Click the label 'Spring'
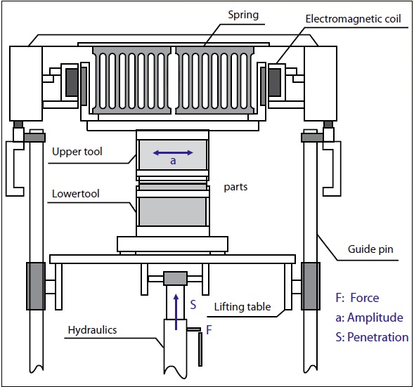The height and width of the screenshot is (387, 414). pyautogui.click(x=243, y=15)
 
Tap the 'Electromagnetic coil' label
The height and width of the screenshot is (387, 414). pyautogui.click(x=353, y=19)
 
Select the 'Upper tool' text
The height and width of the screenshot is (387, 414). pyautogui.click(x=77, y=152)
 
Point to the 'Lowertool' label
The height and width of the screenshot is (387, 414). pyautogui.click(x=75, y=194)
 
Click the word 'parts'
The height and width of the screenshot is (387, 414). pyautogui.click(x=235, y=187)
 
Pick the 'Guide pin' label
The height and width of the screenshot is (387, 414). pyautogui.click(x=370, y=249)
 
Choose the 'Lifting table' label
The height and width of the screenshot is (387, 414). pyautogui.click(x=242, y=307)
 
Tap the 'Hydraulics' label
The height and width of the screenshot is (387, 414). pyautogui.click(x=92, y=330)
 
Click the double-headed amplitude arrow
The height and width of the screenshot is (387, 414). pyautogui.click(x=173, y=152)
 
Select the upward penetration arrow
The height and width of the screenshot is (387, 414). pyautogui.click(x=176, y=312)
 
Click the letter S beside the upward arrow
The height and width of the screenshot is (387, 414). pyautogui.click(x=193, y=305)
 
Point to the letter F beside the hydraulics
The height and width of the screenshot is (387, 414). pyautogui.click(x=209, y=329)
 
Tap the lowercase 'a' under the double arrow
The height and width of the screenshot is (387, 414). pyautogui.click(x=173, y=161)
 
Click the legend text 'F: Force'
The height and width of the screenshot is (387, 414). pyautogui.click(x=357, y=298)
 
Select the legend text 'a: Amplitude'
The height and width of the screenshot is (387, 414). pyautogui.click(x=369, y=317)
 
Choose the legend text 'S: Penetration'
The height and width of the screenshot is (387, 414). pyautogui.click(x=372, y=337)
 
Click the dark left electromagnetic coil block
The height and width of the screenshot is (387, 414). pyautogui.click(x=72, y=82)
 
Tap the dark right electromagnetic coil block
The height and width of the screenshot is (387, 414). pyautogui.click(x=275, y=82)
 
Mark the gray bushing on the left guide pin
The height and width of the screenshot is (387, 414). pyautogui.click(x=36, y=286)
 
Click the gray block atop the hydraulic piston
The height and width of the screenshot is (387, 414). pyautogui.click(x=175, y=278)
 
